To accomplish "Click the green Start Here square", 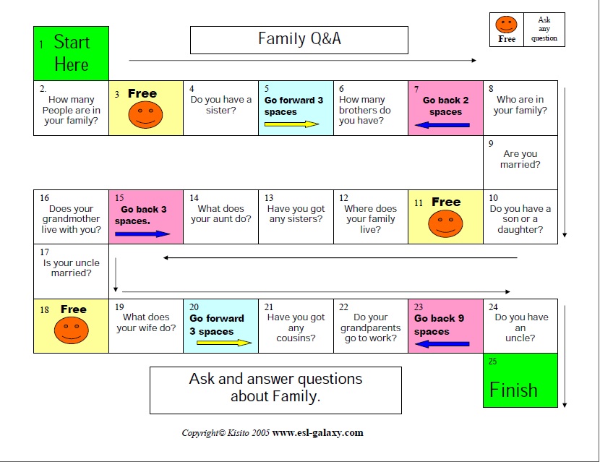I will [71, 54].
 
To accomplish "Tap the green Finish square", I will [520, 380].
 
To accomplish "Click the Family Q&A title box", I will [299, 40].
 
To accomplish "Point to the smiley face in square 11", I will [445, 224].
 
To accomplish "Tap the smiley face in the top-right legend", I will [507, 25].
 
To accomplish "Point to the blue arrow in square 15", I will [142, 234].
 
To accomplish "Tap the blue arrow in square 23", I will [442, 344].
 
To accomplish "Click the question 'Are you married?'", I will [520, 159].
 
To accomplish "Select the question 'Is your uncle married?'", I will [71, 268].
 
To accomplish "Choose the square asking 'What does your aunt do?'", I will [220, 214].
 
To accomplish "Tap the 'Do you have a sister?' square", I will [220, 106].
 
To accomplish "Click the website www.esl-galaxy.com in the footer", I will [317, 433].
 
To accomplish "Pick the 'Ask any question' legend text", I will [544, 30].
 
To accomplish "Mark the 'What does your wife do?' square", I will [145, 322].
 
